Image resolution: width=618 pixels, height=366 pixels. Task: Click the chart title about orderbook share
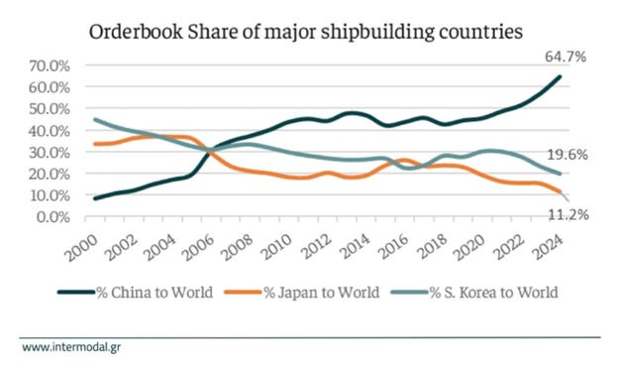(305, 30)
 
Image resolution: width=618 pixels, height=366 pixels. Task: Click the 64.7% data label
(565, 58)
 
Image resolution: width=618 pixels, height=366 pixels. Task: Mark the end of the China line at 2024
(562, 77)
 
